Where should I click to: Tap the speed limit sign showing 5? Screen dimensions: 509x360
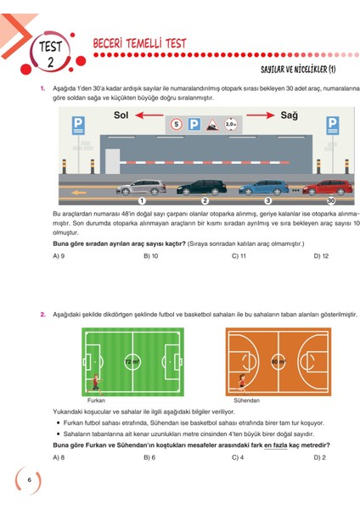[x=177, y=125]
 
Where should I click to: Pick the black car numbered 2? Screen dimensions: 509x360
[x=201, y=186]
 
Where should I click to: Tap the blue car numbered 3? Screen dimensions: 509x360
[x=266, y=186]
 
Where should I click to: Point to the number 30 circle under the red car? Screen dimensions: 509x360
[x=330, y=200]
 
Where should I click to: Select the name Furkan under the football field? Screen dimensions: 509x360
[x=97, y=399]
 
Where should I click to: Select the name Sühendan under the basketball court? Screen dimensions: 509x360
[x=246, y=399]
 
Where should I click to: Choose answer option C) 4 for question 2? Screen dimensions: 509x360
[x=239, y=456]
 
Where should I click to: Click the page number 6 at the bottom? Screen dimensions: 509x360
[x=30, y=480]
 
